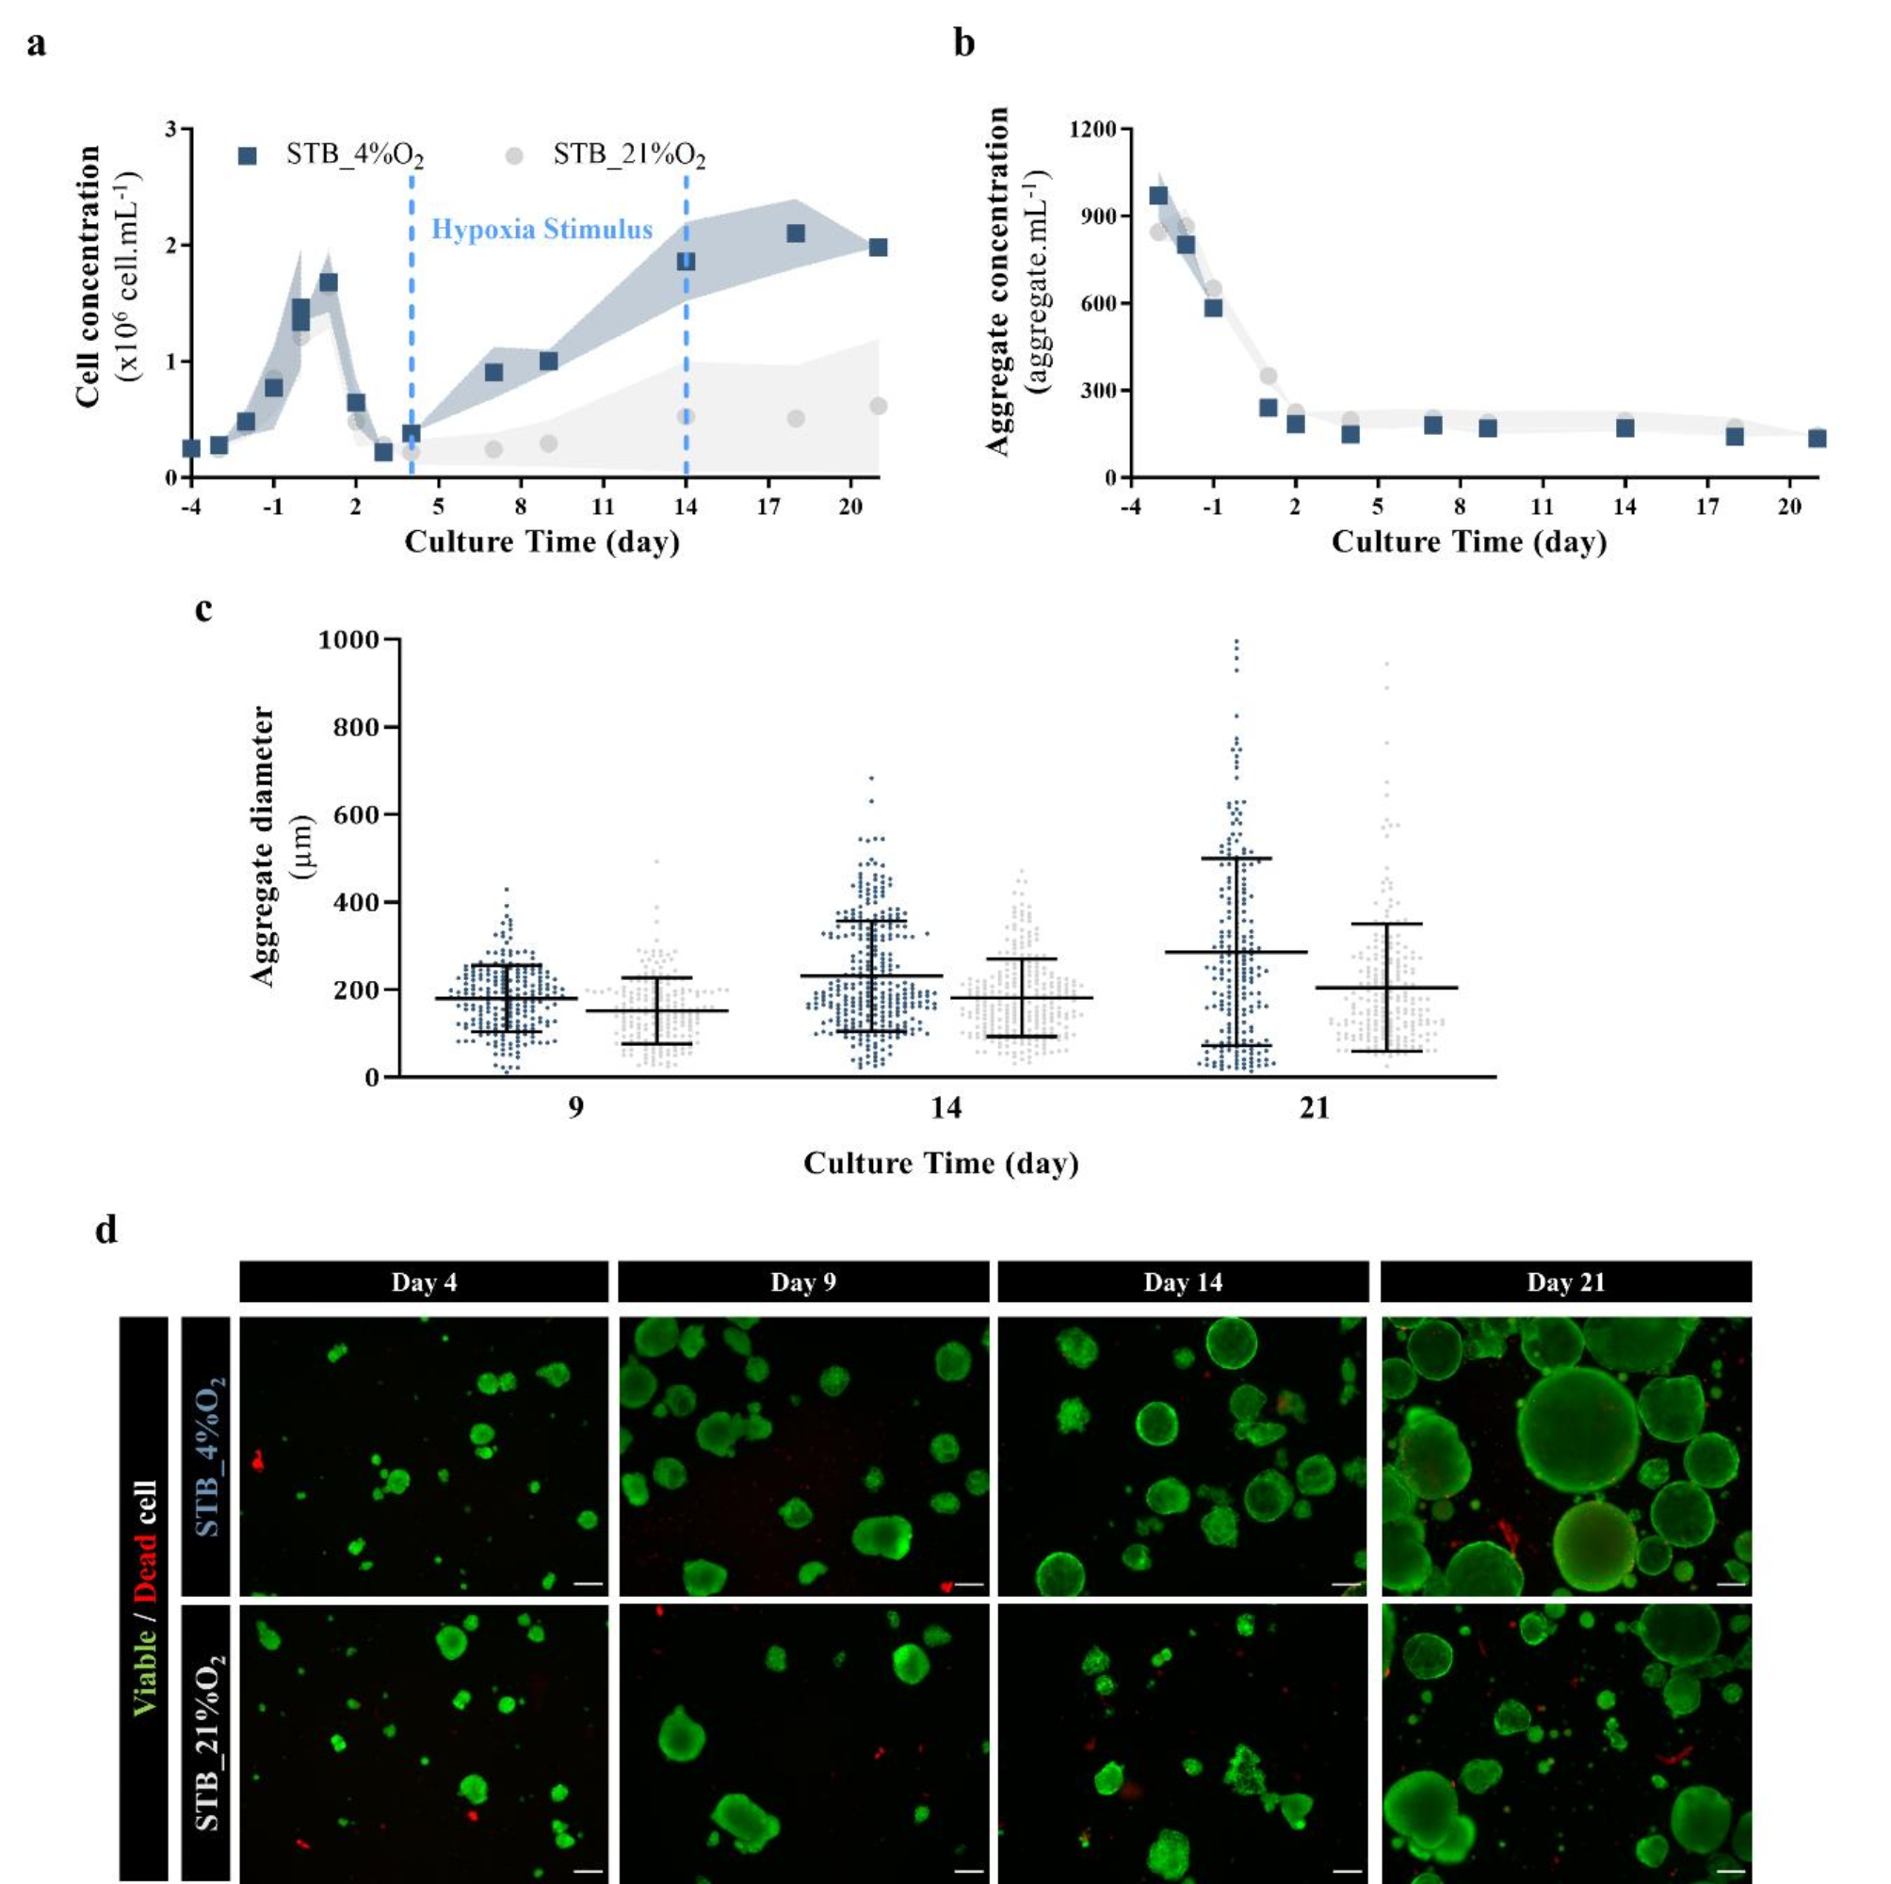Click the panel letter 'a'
36,45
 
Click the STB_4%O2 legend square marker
248,155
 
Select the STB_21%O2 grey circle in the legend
514,155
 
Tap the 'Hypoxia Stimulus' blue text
541,230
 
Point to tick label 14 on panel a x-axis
686,506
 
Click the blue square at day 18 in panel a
796,233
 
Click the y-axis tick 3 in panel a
171,129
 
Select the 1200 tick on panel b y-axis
1093,129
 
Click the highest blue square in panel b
1158,196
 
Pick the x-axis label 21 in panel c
1314,1108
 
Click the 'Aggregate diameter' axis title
263,846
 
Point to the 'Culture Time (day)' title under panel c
941,1163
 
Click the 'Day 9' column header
802,1282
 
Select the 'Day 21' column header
1565,1282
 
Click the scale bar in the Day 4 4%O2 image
588,1583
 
